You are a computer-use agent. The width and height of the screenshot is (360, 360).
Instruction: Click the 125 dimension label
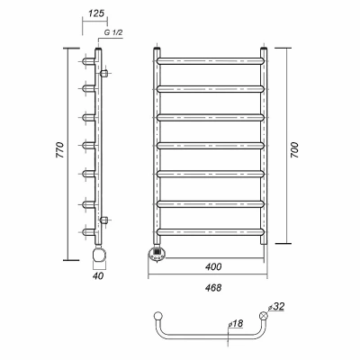click(x=96, y=13)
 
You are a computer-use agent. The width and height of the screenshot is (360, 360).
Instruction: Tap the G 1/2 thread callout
click(x=113, y=33)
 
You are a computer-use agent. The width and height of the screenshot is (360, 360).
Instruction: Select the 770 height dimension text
click(x=59, y=150)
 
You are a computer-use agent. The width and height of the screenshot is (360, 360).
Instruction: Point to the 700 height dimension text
click(x=294, y=150)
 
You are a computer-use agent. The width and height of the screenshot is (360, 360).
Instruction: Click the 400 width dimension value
click(x=213, y=266)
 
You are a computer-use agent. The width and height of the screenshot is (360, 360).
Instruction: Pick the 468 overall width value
click(x=213, y=288)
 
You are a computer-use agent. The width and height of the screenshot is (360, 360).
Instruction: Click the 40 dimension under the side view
click(x=98, y=276)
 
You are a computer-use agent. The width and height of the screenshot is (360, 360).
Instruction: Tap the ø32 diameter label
click(x=276, y=307)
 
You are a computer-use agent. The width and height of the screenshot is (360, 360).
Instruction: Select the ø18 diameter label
click(x=236, y=324)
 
